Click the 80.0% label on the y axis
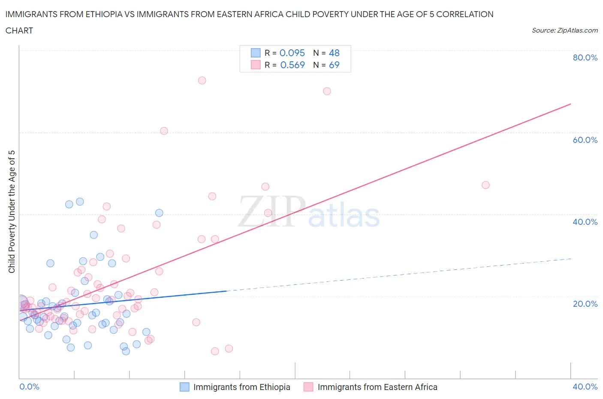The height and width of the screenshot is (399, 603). tap(585, 57)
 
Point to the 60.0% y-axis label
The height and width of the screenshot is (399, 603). tap(585, 140)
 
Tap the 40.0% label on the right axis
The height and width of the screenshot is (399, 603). tap(585, 222)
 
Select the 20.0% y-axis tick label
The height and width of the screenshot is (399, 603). tap(585, 304)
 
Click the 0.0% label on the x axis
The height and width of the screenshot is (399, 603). tap(29, 387)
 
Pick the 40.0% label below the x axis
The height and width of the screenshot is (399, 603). tap(585, 387)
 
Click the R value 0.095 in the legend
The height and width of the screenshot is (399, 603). tap(292, 53)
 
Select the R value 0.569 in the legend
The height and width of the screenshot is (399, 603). tap(292, 65)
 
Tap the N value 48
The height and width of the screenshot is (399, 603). tap(334, 53)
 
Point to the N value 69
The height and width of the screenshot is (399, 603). tap(334, 65)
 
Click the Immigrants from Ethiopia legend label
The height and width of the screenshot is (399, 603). tap(241, 387)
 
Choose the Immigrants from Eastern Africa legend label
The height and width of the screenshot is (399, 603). tap(377, 387)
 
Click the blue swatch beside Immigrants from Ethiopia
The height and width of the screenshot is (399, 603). tap(184, 387)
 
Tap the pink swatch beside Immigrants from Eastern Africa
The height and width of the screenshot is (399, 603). tap(308, 387)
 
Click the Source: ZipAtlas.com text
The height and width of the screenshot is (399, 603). tap(564, 30)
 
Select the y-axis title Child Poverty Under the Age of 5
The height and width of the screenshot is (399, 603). tap(12, 212)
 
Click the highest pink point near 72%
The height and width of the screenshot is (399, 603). tap(202, 80)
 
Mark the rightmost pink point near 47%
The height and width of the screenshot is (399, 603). tap(485, 185)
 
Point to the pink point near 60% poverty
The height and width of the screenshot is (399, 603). tap(164, 131)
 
